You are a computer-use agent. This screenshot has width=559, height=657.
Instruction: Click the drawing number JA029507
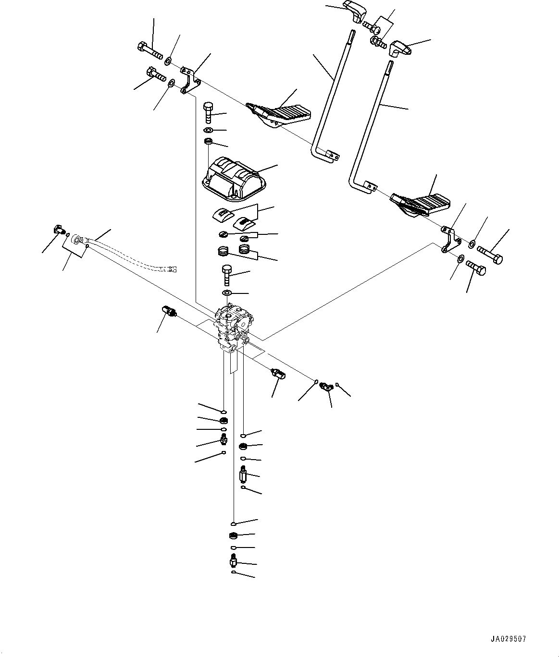(508, 639)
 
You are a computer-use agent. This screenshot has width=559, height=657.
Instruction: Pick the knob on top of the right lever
(400, 48)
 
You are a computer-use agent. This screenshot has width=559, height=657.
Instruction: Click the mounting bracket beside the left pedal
(191, 80)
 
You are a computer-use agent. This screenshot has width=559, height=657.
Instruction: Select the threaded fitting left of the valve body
(170, 312)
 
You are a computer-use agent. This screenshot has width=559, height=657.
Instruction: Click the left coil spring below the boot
(222, 251)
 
